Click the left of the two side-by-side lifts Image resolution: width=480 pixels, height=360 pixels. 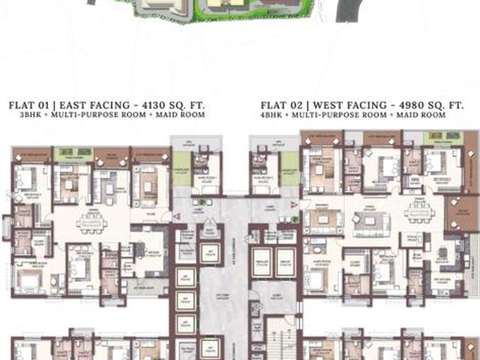point(261,260)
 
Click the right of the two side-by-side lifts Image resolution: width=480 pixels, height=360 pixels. point(285,260)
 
